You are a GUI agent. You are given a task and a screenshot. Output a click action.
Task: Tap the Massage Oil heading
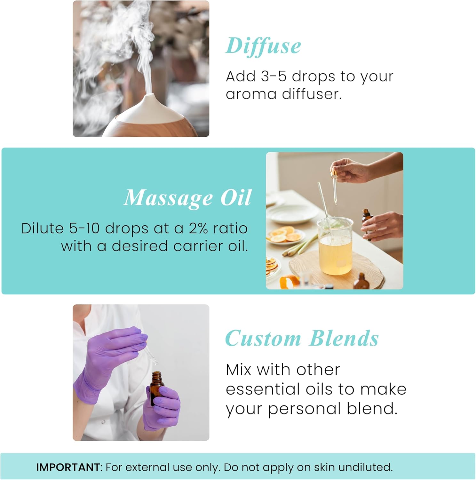187,198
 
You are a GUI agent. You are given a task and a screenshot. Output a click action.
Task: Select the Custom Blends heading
302,339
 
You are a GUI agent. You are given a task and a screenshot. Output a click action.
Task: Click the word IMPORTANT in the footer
68,467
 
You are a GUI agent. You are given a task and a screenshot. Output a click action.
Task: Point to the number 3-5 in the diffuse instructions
274,76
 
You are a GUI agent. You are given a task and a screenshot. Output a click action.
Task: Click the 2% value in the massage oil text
198,228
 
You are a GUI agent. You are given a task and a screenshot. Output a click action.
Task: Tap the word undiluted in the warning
365,467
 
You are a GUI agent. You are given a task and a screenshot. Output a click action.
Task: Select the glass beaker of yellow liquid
335,246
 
